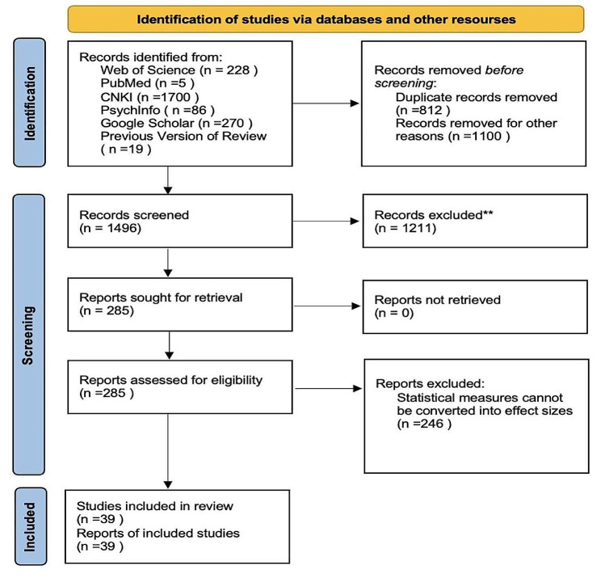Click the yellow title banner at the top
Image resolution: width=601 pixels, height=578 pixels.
click(326, 19)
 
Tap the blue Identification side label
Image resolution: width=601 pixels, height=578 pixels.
click(30, 103)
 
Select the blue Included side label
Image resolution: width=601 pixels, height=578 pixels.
click(30, 526)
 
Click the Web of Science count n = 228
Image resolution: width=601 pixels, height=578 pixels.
click(229, 70)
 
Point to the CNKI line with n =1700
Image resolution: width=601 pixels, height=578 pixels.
click(149, 97)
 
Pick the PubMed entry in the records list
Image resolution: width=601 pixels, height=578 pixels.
click(148, 83)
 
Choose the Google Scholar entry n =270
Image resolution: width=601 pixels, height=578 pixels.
click(176, 123)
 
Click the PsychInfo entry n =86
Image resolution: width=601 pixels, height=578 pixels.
click(158, 110)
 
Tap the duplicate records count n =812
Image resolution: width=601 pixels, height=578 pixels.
click(422, 111)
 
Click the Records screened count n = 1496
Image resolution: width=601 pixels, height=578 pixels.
click(111, 228)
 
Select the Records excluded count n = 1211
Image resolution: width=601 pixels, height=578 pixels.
click(406, 228)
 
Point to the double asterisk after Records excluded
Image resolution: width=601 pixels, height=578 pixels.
click(488, 213)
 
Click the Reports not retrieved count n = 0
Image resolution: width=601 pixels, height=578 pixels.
click(394, 313)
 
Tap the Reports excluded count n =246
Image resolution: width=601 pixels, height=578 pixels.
click(424, 424)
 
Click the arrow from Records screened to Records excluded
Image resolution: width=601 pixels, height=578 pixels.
click(326, 221)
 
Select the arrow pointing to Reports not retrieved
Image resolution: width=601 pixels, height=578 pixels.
click(326, 306)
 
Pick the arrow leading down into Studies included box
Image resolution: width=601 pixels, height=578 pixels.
click(168, 451)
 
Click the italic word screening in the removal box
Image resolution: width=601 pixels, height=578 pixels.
click(404, 83)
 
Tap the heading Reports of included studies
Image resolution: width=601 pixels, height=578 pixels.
click(158, 533)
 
